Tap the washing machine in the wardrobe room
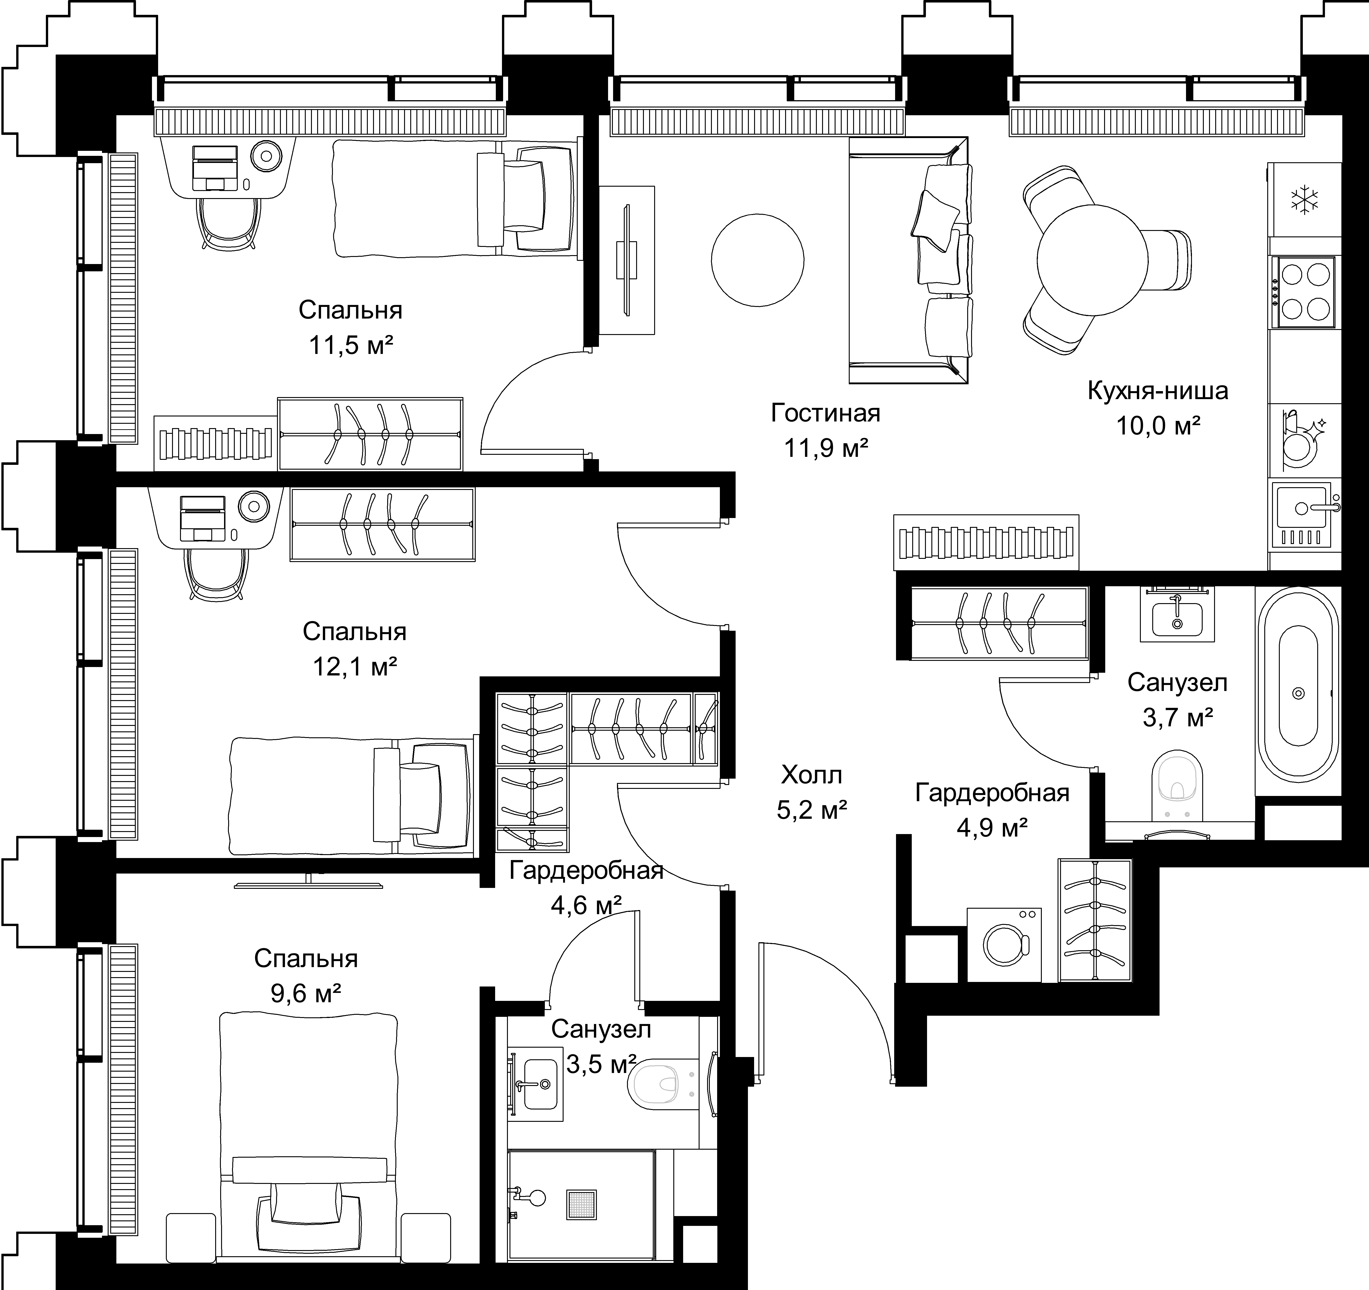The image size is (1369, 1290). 1004,944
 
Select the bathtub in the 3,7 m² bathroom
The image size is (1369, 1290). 1298,692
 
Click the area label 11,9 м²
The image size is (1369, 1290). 826,448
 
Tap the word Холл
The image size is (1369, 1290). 811,775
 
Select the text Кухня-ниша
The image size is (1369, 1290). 1157,390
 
